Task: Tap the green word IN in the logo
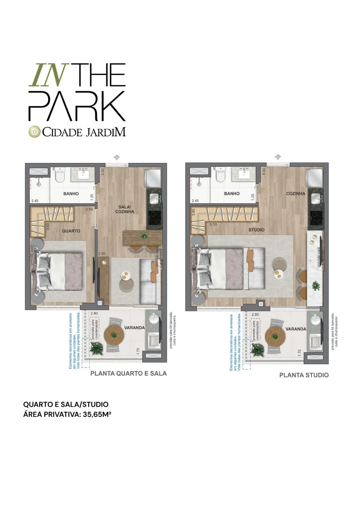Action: point(46,75)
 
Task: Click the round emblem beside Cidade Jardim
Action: point(35,132)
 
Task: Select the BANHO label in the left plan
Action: point(71,193)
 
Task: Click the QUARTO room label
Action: point(71,231)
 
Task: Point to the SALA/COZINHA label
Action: point(124,209)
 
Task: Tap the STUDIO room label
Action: point(257,230)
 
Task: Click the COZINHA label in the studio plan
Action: point(295,193)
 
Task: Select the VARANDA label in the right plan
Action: point(296,329)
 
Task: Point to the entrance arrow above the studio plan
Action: point(278,157)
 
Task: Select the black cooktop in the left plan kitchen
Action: point(155,218)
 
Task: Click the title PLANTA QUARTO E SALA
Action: point(129,373)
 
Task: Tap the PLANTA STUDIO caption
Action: point(304,375)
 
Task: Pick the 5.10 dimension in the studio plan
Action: point(213,224)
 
